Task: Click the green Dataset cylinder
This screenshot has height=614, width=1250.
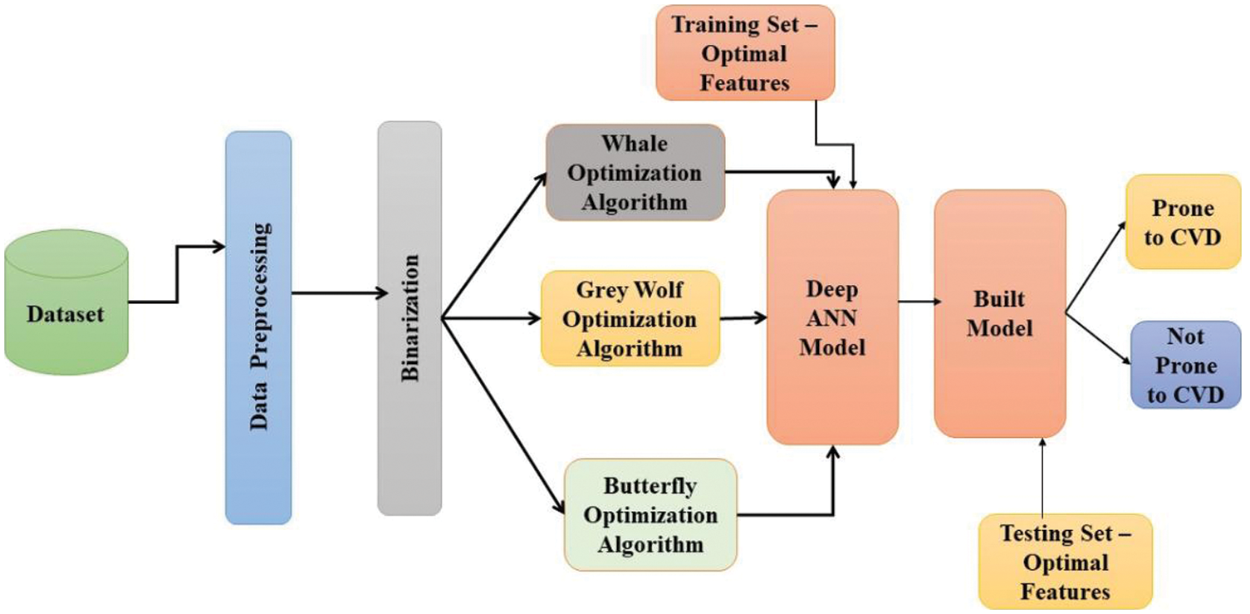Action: pos(66,302)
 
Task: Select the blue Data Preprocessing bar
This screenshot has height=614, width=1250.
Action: pos(258,327)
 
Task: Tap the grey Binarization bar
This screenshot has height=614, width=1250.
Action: pos(409,318)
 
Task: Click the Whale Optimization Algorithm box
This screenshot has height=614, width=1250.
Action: pos(635,173)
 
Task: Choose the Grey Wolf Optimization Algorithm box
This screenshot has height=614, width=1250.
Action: pos(630,318)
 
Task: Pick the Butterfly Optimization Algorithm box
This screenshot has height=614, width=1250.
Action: pos(650,515)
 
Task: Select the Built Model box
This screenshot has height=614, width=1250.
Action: pos(999,314)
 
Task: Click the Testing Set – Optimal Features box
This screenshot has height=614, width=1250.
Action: pos(1066,562)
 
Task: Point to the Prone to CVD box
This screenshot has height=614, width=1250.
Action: pos(1183,222)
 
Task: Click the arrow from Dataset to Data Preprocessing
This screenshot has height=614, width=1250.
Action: pos(176,274)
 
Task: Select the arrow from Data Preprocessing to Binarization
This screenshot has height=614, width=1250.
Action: pos(336,292)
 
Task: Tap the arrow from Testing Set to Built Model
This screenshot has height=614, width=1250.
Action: pos(1040,478)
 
